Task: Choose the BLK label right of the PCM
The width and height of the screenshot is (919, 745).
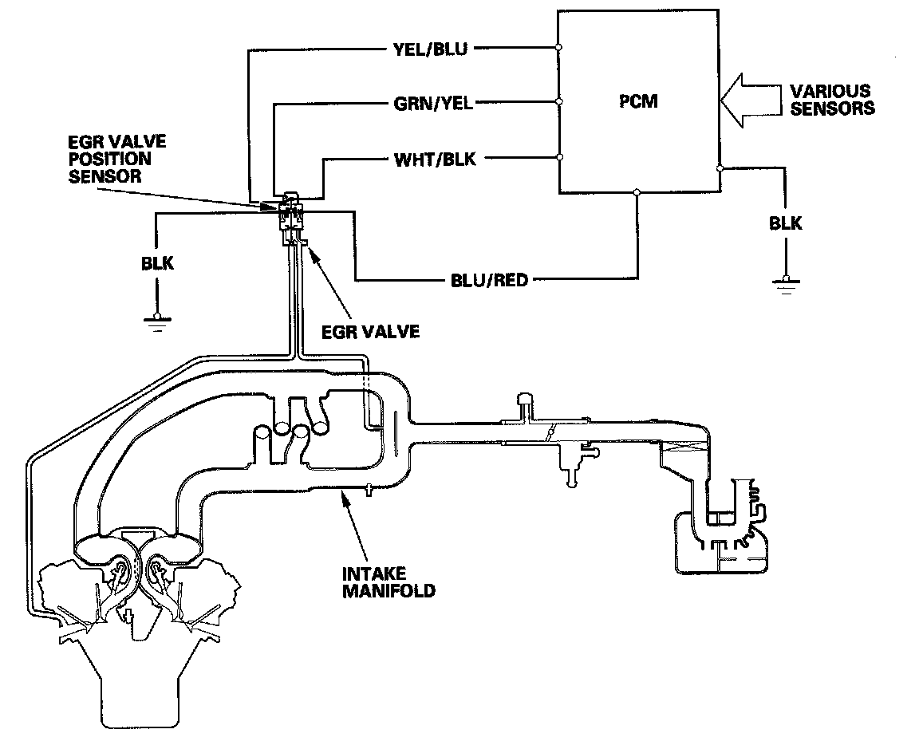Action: [x=786, y=223]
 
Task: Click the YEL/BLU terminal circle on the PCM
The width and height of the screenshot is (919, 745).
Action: [x=558, y=49]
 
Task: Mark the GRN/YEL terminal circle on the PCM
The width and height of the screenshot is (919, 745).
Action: [x=558, y=102]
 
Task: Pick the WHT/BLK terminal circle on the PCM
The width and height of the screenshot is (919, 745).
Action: [x=558, y=158]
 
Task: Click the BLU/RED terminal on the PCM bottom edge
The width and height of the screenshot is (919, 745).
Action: [x=637, y=192]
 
